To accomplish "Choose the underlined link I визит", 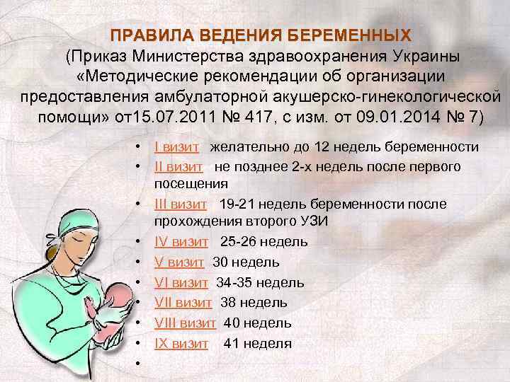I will point(179,146).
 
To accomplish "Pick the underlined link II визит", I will point(180,166).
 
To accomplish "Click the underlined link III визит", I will point(181,204).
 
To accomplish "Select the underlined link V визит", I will point(180,262).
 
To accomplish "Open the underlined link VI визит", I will point(181,283).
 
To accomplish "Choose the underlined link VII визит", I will point(183,303).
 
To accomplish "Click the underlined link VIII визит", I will point(185,323).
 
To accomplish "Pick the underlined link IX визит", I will point(181,344).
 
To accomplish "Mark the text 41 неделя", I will point(257,344).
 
